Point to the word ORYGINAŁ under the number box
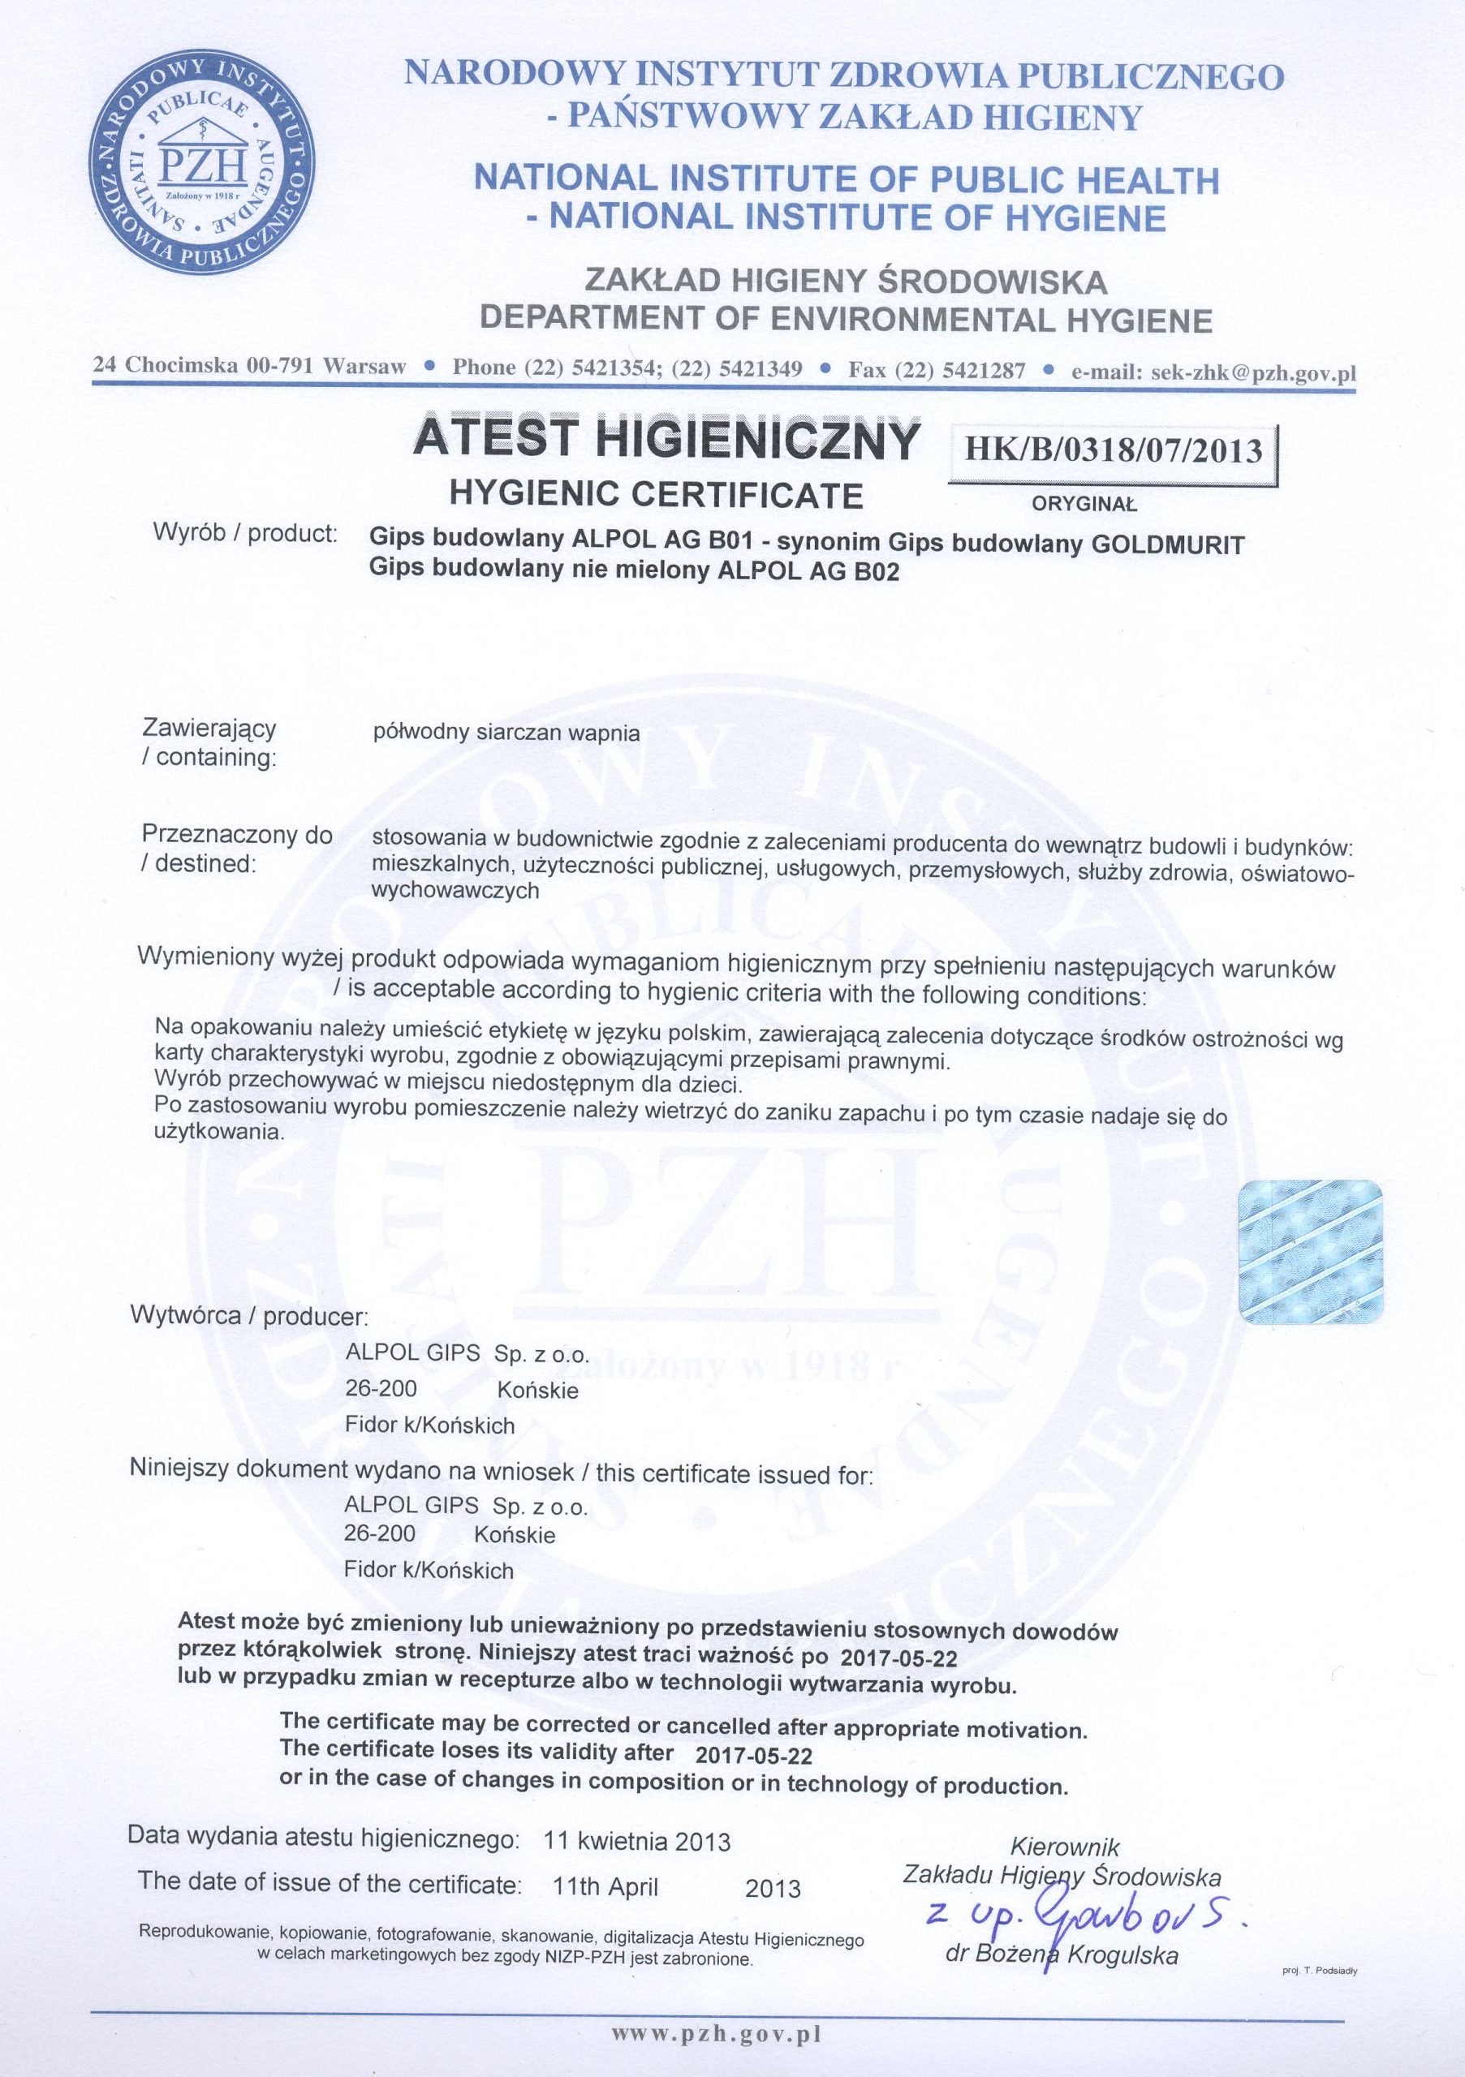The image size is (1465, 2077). (1084, 505)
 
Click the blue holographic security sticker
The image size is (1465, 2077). (1309, 1252)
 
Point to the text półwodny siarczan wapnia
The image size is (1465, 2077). (506, 733)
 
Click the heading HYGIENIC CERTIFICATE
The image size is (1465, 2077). (656, 494)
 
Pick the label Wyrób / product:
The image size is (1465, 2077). (246, 533)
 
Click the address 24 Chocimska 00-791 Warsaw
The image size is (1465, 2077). (249, 367)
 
